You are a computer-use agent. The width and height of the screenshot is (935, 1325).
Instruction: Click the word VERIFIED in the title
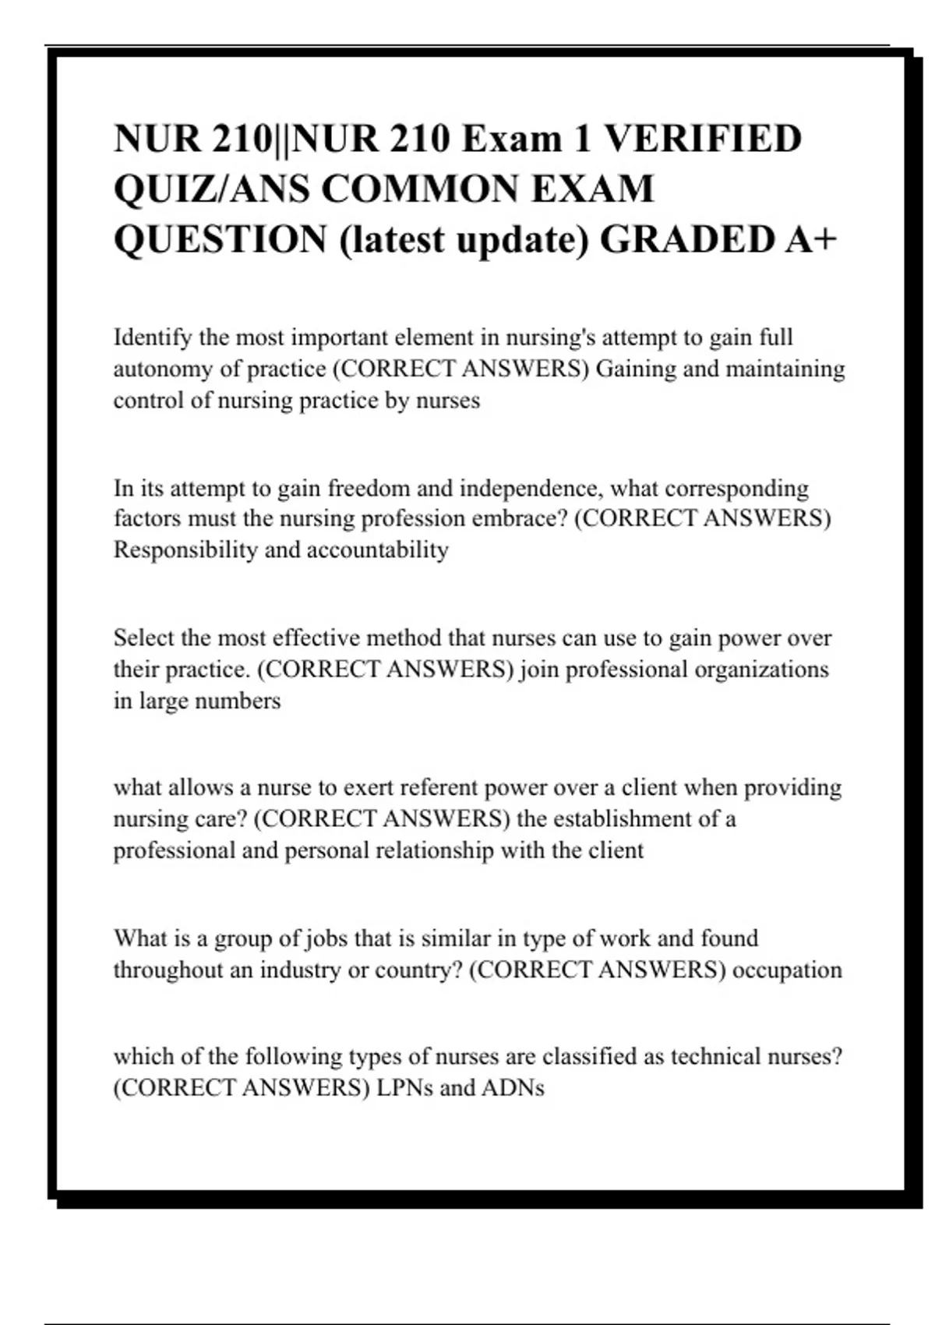(x=703, y=139)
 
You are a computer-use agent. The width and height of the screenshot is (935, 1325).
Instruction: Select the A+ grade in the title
(x=810, y=238)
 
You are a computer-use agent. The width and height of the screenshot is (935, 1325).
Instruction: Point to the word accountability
(x=378, y=550)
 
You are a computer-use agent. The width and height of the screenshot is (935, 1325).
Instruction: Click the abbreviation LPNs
(x=405, y=1088)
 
